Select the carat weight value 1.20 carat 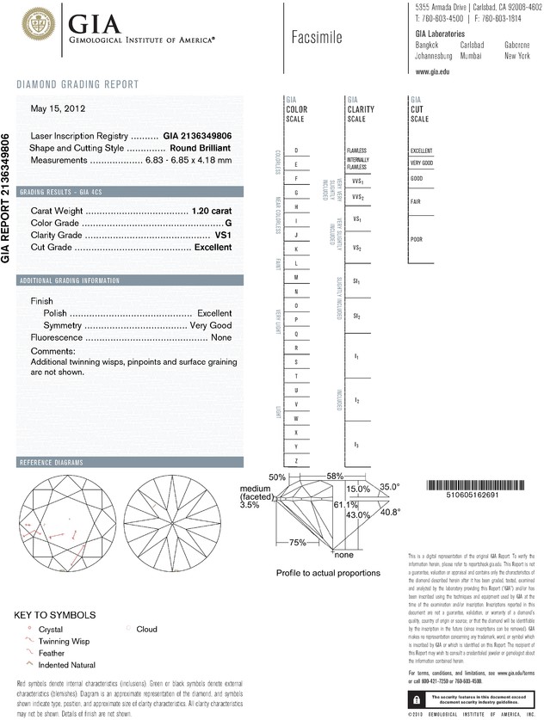[x=212, y=211]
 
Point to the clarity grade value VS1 [x=223, y=235]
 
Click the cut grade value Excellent [x=213, y=247]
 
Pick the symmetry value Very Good [x=210, y=326]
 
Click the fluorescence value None [x=221, y=339]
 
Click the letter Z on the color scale [x=296, y=461]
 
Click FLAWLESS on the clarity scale [x=356, y=150]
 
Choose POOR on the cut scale [x=417, y=239]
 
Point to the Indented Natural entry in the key [x=71, y=665]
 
